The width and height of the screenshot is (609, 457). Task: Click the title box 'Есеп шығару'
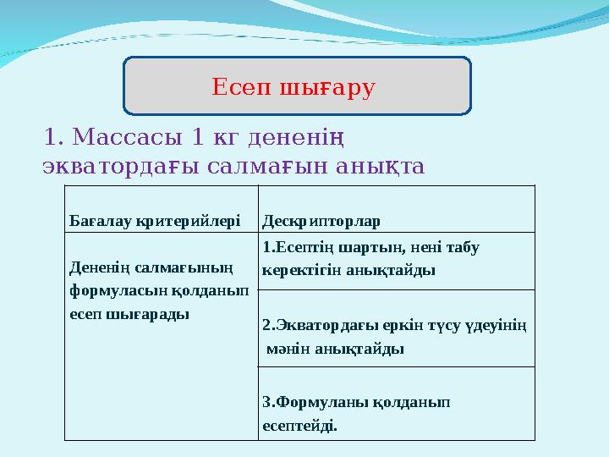(x=297, y=85)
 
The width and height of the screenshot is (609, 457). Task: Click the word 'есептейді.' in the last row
(x=299, y=426)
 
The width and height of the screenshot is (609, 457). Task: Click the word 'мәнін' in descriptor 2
(x=286, y=348)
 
